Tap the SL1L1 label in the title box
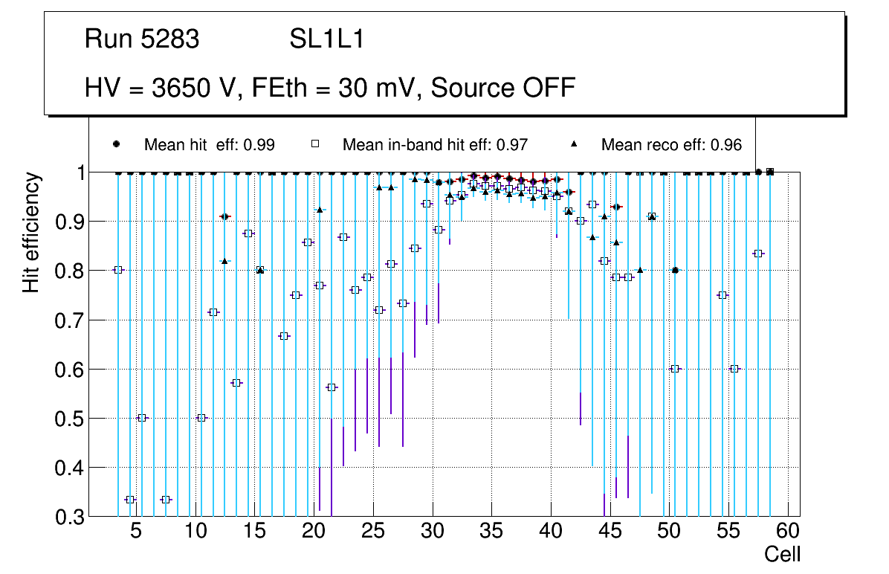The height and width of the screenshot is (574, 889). [x=327, y=39]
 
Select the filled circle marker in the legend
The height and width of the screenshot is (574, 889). [x=116, y=144]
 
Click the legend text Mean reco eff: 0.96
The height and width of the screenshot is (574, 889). [x=671, y=145]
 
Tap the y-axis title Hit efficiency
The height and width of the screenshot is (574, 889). [x=31, y=233]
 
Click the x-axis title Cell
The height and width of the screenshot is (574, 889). [x=783, y=554]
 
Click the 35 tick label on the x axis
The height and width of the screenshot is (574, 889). [x=491, y=531]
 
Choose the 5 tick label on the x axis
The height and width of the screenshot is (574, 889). [x=135, y=531]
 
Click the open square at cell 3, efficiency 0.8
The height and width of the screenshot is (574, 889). [x=118, y=270]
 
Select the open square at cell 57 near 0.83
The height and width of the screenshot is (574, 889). [x=758, y=254]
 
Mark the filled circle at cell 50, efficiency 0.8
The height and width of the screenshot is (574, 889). [x=675, y=270]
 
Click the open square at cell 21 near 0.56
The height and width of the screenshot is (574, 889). [x=332, y=387]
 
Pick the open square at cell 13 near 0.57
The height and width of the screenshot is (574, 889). [x=237, y=383]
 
